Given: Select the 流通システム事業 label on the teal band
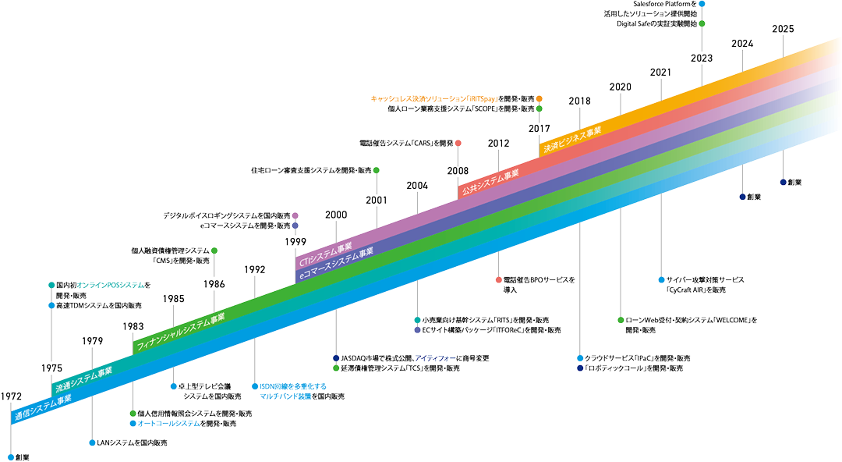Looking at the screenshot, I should point(83,376).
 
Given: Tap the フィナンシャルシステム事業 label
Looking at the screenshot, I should point(180,331).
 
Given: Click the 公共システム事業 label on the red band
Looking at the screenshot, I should point(490,181).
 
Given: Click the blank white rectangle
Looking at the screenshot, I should point(462,407).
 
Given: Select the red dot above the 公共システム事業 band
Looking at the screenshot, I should point(458,143).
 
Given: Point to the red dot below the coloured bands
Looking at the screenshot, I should point(498,279).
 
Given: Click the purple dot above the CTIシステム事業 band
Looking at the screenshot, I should point(295,215).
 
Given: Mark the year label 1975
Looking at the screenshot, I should point(52,366).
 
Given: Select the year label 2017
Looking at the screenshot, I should point(539,127).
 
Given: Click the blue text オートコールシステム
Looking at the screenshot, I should point(168,423).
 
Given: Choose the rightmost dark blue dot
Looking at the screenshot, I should point(783,182).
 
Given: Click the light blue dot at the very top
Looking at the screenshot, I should point(702,4).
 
